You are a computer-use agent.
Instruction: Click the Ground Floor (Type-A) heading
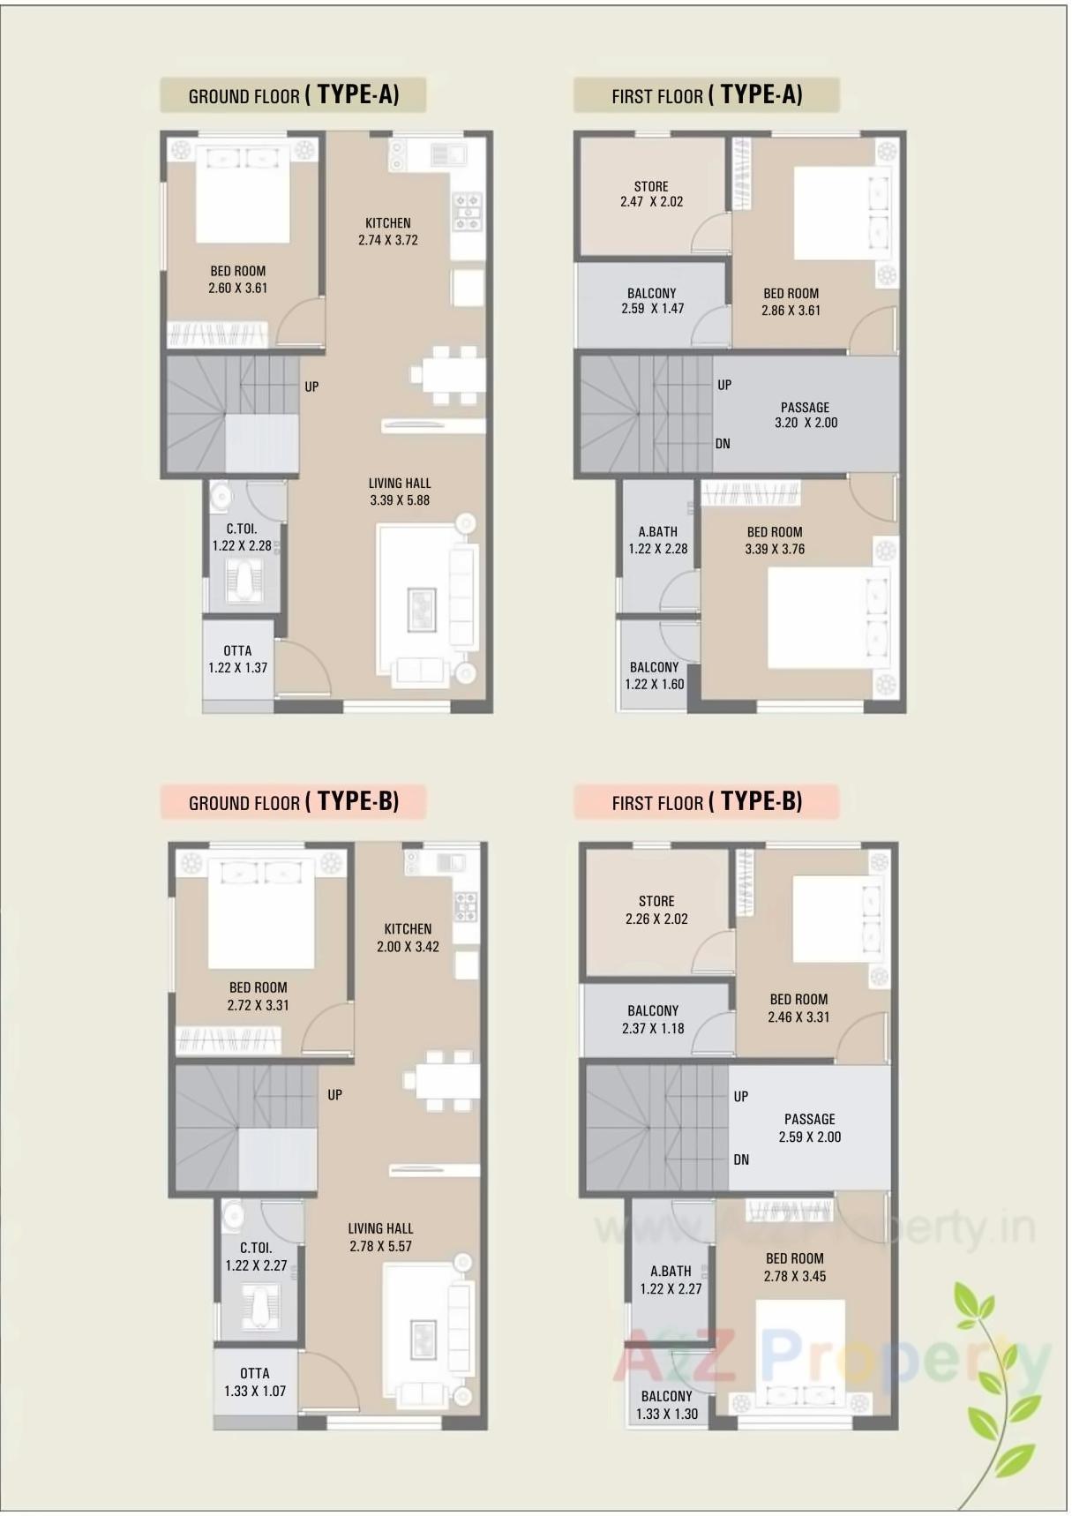(293, 95)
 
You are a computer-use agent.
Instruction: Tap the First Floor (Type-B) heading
(707, 802)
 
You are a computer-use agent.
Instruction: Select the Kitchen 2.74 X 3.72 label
(388, 231)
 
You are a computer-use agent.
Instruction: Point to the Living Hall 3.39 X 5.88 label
(400, 492)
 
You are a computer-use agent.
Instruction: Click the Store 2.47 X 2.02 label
(651, 194)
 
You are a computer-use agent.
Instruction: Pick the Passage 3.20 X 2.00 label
(806, 415)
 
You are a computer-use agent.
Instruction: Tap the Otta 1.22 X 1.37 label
(237, 659)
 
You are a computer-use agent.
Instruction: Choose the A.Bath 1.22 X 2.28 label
(658, 540)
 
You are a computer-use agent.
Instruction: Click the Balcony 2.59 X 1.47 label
(652, 301)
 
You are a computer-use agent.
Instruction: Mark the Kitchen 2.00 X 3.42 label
(408, 938)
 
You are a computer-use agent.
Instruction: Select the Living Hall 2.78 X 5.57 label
(380, 1237)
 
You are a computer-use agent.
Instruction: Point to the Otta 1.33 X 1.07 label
(255, 1382)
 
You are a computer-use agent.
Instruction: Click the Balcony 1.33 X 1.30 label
(667, 1405)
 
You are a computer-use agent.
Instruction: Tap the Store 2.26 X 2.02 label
(656, 910)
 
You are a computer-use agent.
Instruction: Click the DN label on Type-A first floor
(723, 444)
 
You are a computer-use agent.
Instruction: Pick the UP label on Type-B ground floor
(335, 1095)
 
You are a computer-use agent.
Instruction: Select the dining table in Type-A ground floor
(448, 374)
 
